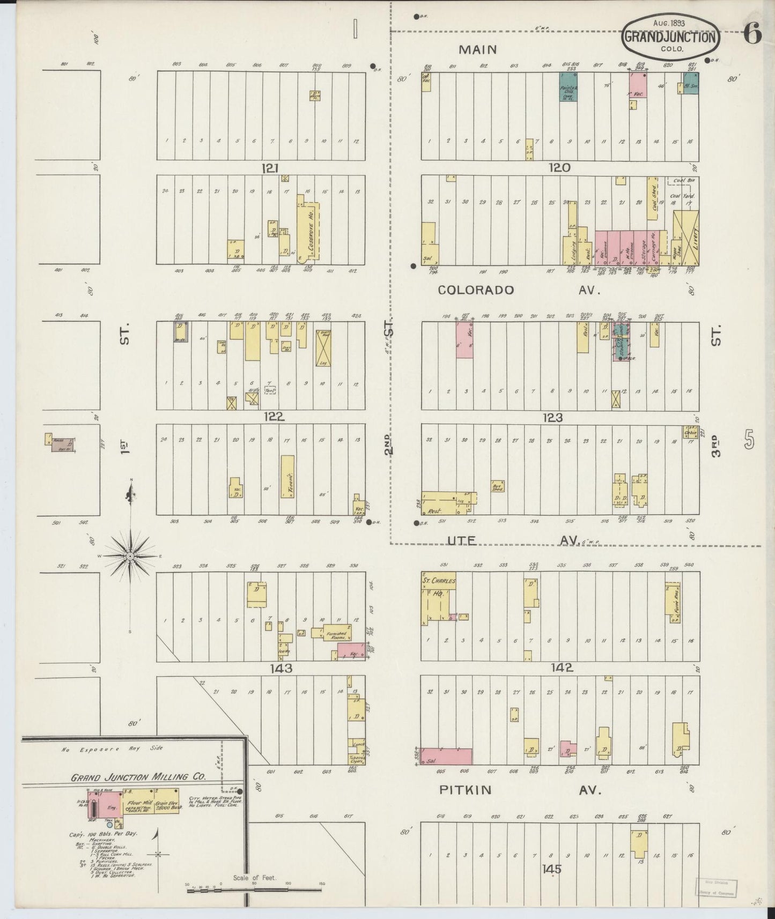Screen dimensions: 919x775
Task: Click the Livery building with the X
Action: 686,238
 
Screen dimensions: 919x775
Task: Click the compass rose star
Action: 130,557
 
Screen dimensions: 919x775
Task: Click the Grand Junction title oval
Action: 670,38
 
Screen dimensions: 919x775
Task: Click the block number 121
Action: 270,168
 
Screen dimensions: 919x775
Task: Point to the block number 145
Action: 551,869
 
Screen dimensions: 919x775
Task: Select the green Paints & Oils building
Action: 569,87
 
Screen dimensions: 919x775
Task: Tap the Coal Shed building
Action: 652,198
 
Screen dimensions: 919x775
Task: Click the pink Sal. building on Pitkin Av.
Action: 447,757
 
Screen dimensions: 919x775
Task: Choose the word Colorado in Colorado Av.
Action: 476,290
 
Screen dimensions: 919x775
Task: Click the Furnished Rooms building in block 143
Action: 337,633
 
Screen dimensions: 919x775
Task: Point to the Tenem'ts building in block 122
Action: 287,477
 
